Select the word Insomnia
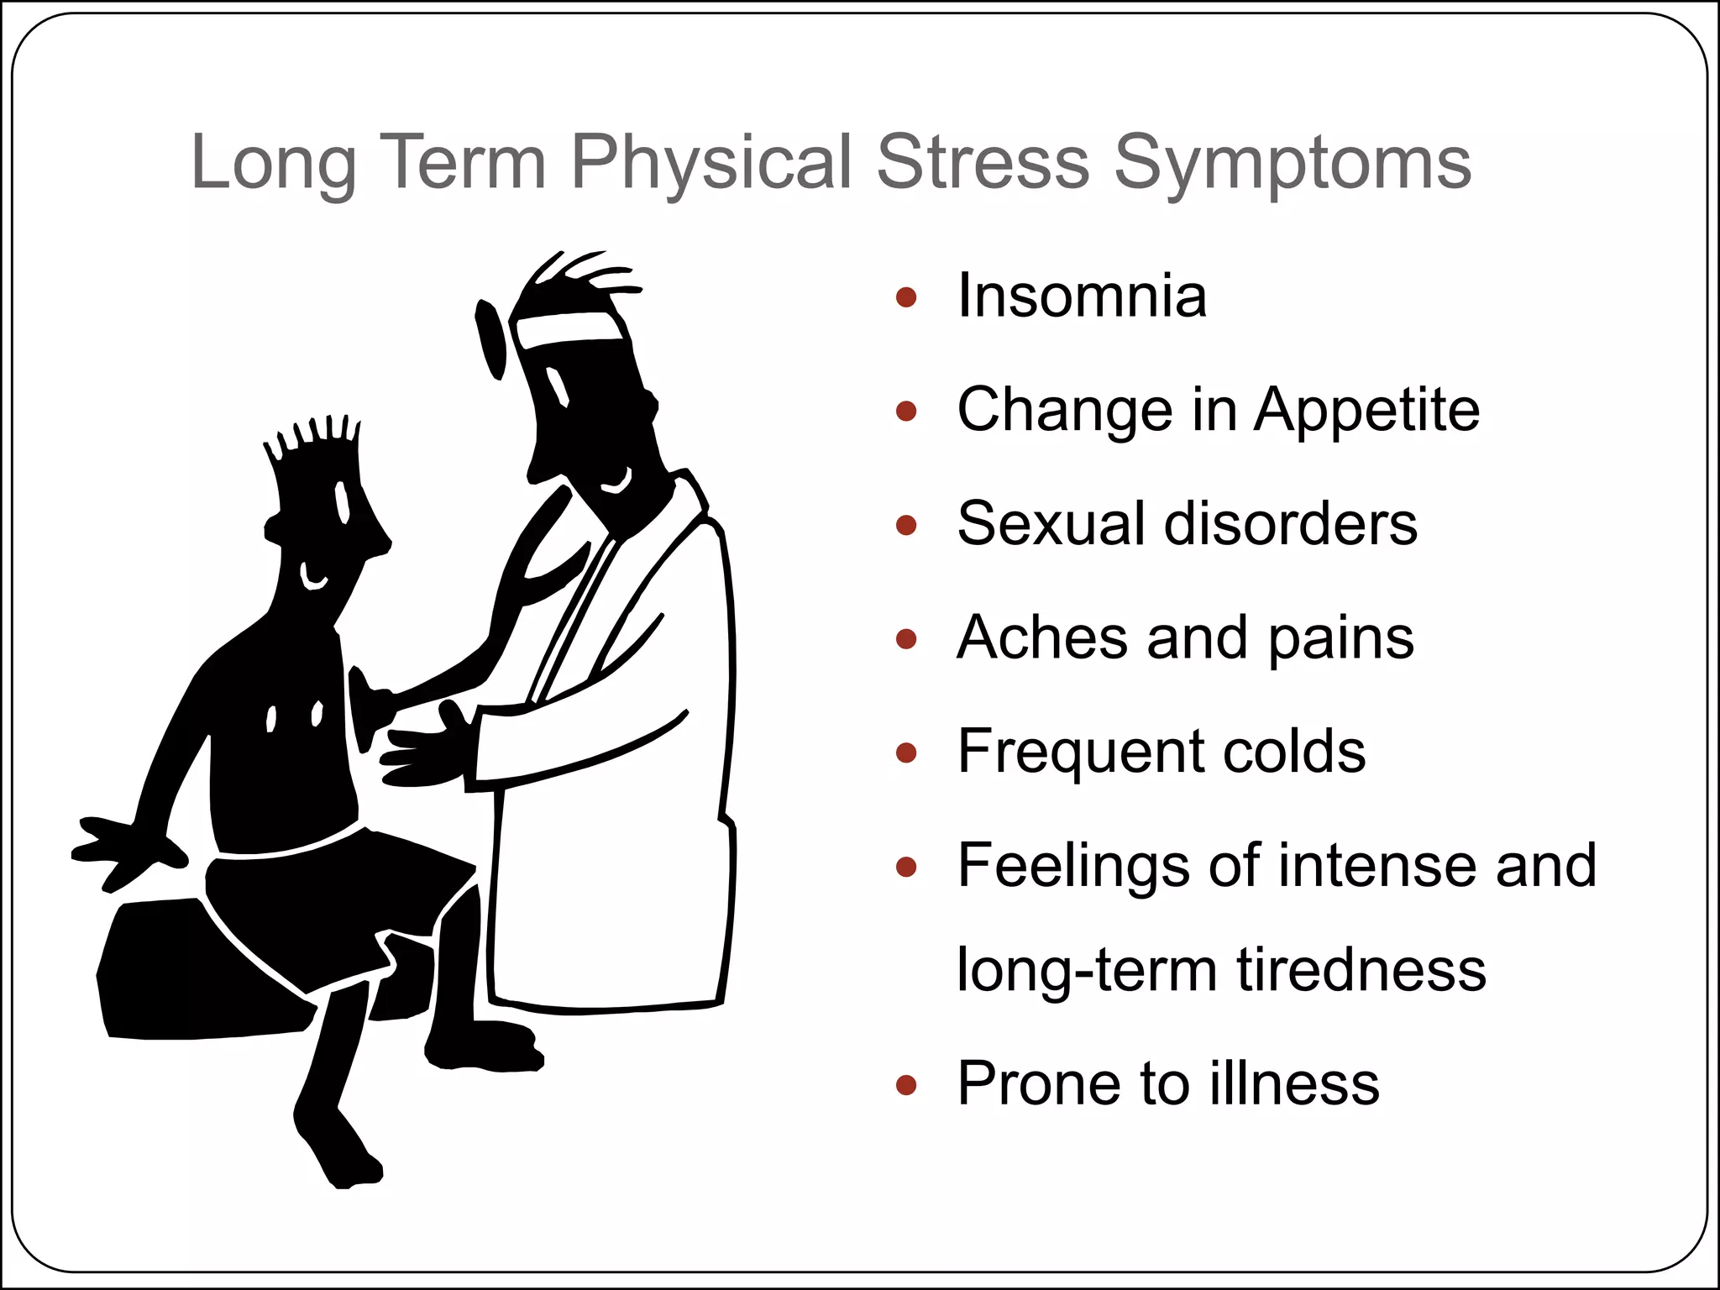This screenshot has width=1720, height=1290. coord(1082,296)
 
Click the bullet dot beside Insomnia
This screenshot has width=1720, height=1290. coord(905,297)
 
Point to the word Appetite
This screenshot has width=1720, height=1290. coord(1366,412)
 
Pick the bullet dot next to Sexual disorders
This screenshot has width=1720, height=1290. coord(905,526)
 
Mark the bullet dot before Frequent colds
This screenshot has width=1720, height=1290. coord(905,752)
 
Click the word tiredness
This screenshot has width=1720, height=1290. coord(1361,970)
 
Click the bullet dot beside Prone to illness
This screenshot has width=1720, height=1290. coord(905,1085)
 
